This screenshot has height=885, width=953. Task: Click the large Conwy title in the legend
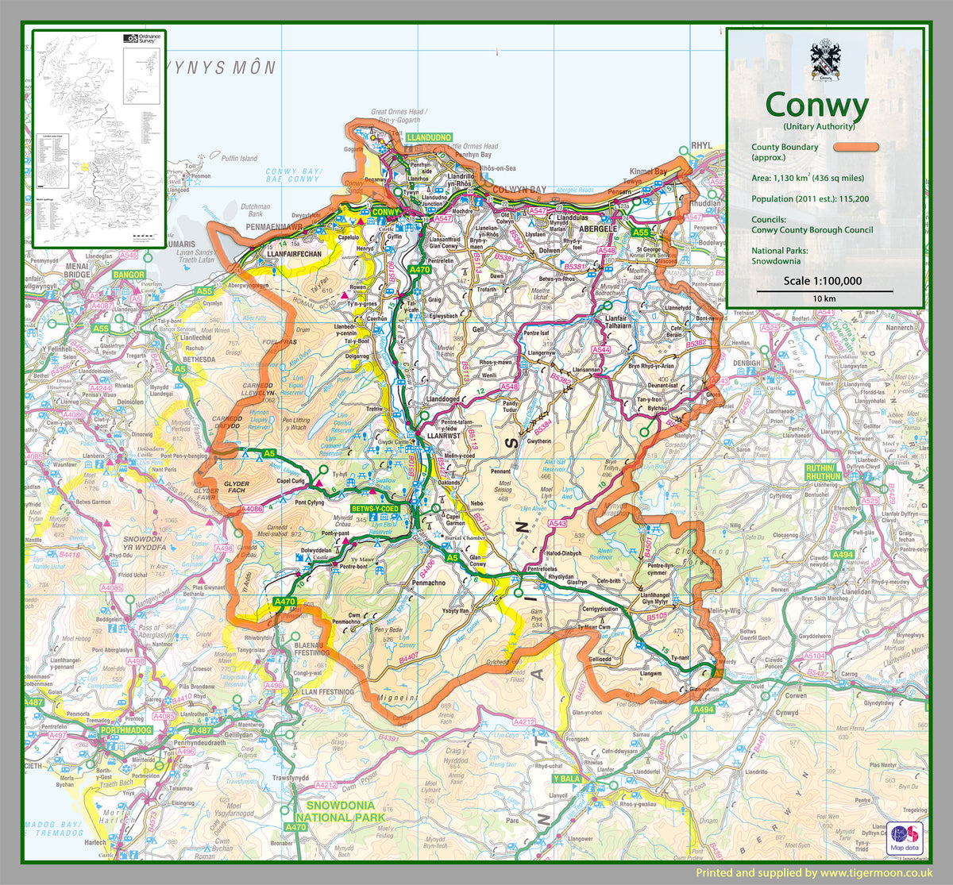817,104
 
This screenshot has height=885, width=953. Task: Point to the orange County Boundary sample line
855,147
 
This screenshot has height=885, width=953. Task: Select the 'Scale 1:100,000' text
822,280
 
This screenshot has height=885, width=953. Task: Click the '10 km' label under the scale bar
824,298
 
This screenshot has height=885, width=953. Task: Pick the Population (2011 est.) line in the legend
809,199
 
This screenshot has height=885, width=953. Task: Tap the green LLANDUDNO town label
429,138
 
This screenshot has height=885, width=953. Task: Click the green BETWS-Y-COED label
376,508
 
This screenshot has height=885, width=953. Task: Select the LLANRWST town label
443,437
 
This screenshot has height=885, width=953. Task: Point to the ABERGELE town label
599,229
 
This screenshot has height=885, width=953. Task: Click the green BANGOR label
129,275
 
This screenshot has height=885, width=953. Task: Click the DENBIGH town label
747,364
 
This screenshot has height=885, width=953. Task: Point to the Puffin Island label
240,158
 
